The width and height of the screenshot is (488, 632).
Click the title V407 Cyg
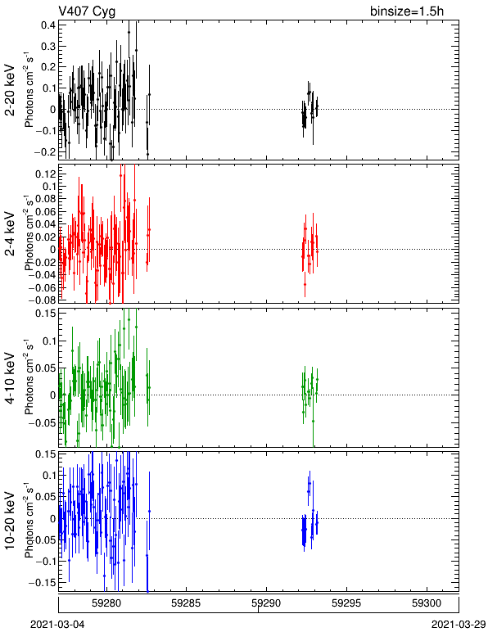(87, 11)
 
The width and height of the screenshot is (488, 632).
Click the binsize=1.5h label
(407, 11)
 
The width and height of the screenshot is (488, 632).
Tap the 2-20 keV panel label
(10, 91)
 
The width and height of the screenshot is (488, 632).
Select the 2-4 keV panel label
(10, 234)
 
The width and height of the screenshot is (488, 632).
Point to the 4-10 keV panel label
(10, 378)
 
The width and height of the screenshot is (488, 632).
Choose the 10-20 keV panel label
(10, 521)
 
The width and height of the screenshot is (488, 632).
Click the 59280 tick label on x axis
(106, 603)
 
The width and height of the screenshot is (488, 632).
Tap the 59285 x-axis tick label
(186, 603)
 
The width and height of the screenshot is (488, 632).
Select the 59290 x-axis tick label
(266, 603)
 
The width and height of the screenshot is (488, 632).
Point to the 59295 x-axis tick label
(346, 603)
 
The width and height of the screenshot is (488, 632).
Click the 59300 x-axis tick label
(427, 603)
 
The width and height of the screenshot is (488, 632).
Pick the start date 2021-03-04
(57, 625)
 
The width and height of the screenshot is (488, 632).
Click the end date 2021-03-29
(459, 625)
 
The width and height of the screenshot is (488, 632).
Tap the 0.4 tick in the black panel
(48, 25)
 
